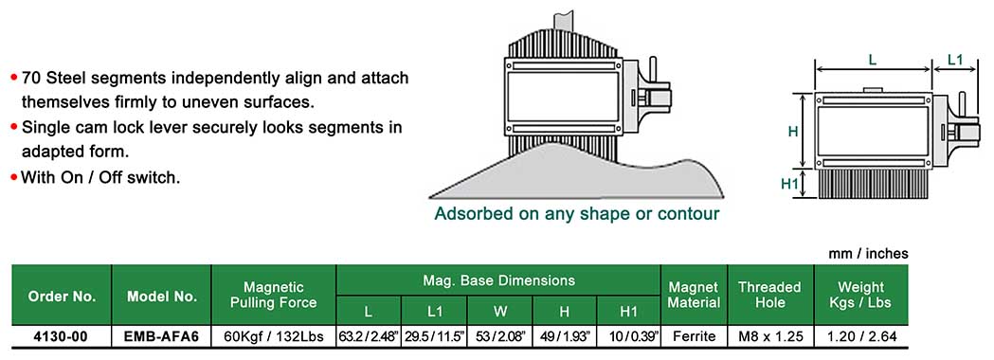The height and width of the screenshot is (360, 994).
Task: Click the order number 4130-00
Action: [61, 336]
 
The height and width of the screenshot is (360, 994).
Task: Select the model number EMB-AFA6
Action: [162, 336]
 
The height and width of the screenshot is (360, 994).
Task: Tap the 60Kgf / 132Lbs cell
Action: [274, 336]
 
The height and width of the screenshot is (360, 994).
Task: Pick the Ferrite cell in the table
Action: [695, 336]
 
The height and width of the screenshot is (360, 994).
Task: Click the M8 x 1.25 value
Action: [771, 336]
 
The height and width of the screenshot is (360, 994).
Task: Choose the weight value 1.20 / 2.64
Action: [862, 336]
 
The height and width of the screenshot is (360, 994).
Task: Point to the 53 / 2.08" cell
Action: [501, 336]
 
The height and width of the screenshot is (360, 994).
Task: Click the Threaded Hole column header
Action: [770, 295]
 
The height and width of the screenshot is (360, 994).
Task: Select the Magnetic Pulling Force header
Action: [274, 295]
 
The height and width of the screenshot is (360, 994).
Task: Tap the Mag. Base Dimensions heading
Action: [499, 280]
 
